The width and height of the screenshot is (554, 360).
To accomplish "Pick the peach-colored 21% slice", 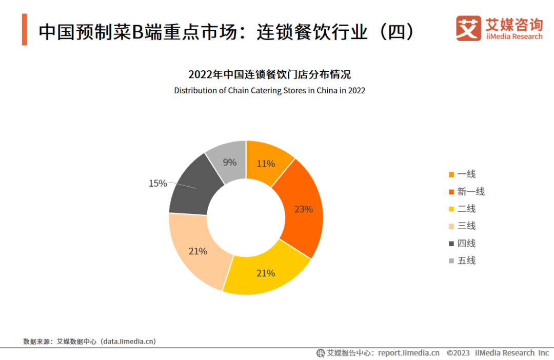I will pyautogui.click(x=197, y=251).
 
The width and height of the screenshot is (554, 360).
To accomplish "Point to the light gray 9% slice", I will pyautogui.click(x=229, y=162).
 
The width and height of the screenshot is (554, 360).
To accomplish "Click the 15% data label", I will pyautogui.click(x=157, y=183).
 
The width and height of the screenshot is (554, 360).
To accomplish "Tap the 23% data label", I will pyautogui.click(x=303, y=209).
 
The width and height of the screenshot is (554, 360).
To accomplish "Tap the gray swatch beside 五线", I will pyautogui.click(x=451, y=261).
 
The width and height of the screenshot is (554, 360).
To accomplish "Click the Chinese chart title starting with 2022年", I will pyautogui.click(x=269, y=75).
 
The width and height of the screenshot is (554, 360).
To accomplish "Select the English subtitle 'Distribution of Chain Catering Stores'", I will pyautogui.click(x=269, y=91).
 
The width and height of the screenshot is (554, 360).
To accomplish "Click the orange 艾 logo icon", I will pyautogui.click(x=468, y=28).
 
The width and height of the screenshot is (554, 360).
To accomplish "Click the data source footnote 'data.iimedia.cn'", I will pyautogui.click(x=128, y=341).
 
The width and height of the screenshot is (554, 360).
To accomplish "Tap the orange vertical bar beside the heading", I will pyautogui.click(x=24, y=30).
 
